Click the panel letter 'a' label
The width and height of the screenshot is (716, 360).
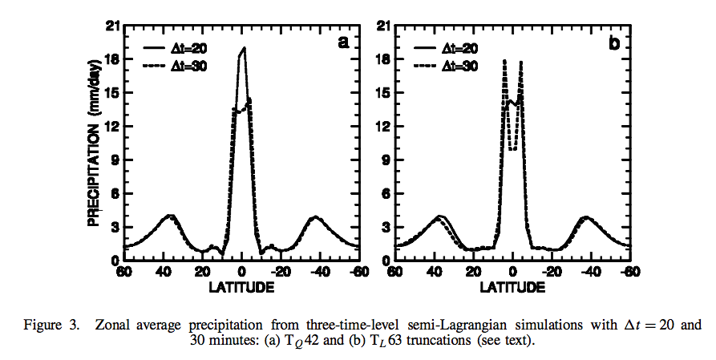coord(343,44)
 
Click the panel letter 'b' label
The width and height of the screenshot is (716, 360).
coord(614,44)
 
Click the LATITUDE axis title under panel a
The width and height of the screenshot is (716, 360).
coord(242,286)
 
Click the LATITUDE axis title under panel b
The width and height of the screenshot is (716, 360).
coord(512,286)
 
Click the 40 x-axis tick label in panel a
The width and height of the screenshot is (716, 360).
coord(164,272)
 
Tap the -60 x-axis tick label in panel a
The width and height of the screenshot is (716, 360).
coord(359,272)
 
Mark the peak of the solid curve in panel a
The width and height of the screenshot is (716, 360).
coord(244,48)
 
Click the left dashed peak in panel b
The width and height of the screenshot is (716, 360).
coord(504,61)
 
